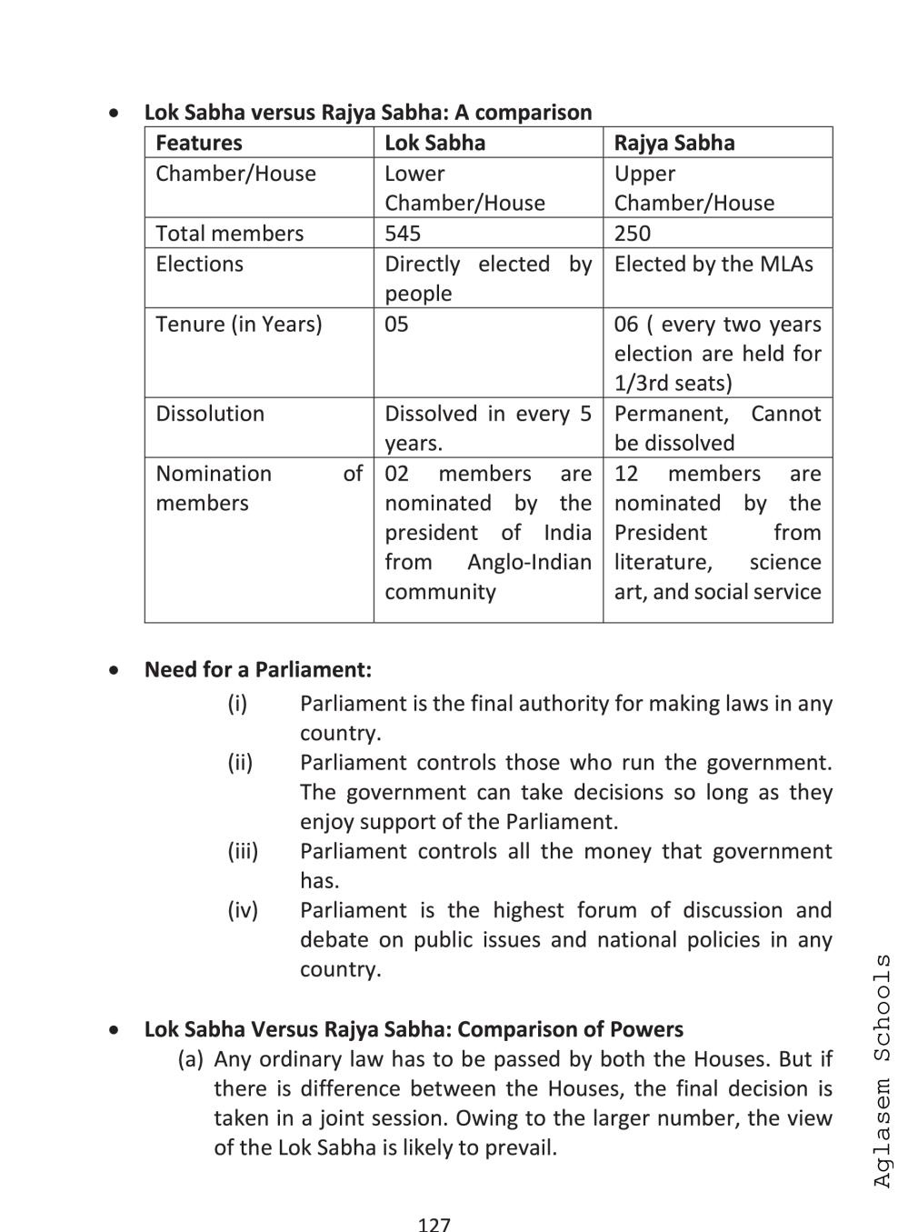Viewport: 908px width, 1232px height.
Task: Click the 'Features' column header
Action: point(198,143)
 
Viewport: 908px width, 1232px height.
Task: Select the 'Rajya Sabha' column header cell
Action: point(674,143)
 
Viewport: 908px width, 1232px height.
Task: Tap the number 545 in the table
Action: point(403,233)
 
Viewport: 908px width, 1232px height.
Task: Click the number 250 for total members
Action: point(632,233)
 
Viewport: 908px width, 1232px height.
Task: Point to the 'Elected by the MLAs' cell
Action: point(713,264)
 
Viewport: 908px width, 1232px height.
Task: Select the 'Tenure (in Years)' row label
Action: point(238,324)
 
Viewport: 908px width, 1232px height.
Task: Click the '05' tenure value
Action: point(396,324)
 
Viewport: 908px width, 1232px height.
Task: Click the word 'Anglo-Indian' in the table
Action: point(529,562)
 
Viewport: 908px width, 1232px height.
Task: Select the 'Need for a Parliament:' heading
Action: point(258,669)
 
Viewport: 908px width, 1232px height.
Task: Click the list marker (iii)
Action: point(243,851)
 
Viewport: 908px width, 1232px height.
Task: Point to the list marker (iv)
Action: point(243,910)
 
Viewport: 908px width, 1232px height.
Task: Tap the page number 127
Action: point(434,1224)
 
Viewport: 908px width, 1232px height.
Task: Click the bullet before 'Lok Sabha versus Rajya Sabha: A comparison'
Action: point(113,114)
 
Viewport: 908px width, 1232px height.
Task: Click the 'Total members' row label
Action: point(229,233)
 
